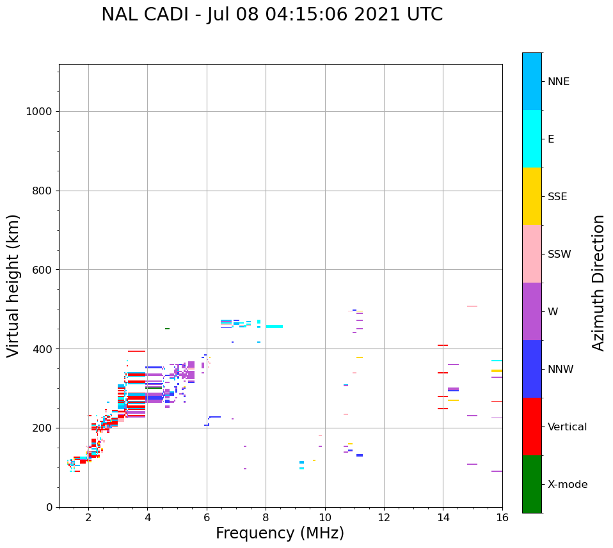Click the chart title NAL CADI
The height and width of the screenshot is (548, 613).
coord(272,15)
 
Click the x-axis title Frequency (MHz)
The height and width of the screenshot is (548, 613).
coord(280,533)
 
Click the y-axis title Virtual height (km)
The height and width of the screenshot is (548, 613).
coord(13,285)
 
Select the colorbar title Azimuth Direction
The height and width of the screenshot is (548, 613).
coord(598,282)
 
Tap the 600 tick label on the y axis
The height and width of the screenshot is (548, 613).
coord(42,269)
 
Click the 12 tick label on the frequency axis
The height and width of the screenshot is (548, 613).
coord(384,517)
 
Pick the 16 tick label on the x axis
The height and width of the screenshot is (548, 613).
coord(502,517)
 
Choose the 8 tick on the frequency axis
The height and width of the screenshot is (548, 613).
coord(266,517)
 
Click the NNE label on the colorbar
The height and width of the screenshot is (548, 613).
coord(558,82)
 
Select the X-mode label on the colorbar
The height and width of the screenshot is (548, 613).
coord(567,485)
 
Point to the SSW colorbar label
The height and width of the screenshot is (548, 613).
coord(559,254)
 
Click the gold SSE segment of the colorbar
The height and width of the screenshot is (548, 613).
coord(532,196)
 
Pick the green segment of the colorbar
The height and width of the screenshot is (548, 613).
coord(532,484)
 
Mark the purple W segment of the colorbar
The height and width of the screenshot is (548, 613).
coord(532,311)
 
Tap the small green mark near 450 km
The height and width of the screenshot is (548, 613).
coord(167,329)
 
